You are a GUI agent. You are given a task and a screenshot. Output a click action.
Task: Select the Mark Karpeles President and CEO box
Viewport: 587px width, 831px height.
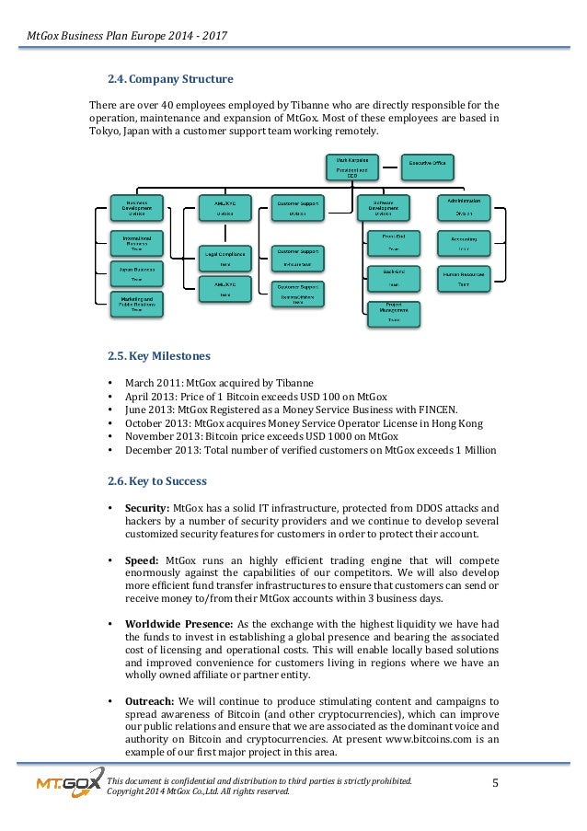[350, 167]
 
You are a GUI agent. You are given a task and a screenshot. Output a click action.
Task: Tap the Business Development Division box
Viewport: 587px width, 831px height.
[136, 207]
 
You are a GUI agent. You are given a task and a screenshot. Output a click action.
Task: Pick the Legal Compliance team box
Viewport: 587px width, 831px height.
[224, 257]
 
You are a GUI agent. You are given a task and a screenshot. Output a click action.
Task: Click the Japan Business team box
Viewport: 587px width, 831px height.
[136, 272]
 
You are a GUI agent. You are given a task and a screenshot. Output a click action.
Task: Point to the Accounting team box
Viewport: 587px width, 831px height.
[464, 243]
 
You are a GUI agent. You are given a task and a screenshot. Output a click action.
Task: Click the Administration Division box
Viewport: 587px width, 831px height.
[464, 207]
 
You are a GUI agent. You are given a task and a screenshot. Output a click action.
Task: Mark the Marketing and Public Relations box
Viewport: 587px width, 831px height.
[136, 305]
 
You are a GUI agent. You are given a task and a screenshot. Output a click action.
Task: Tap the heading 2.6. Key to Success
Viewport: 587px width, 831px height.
[157, 480]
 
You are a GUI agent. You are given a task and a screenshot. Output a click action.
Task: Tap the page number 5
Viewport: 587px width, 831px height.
[496, 784]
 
